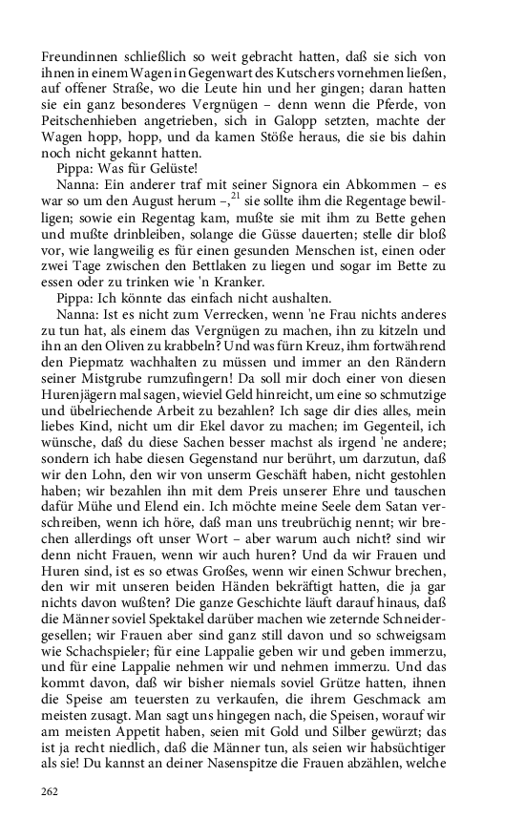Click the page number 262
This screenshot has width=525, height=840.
(51, 790)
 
